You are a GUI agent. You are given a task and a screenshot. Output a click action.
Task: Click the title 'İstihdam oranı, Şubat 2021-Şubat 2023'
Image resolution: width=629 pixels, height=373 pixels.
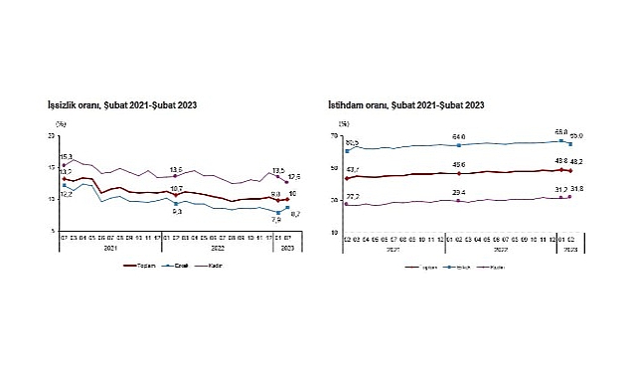tap(405, 103)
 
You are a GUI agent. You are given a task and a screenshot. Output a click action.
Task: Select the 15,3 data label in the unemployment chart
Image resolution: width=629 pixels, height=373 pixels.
tap(67, 156)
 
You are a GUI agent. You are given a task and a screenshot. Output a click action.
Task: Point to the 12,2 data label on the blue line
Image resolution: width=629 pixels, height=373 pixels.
tap(67, 194)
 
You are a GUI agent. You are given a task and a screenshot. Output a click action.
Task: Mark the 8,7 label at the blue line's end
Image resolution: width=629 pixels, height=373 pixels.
tap(295, 214)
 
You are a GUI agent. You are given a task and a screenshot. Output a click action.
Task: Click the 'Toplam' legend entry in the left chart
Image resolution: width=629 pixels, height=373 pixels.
tap(147, 266)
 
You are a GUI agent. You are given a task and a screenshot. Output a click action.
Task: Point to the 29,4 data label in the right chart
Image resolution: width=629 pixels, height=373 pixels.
tap(459, 192)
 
